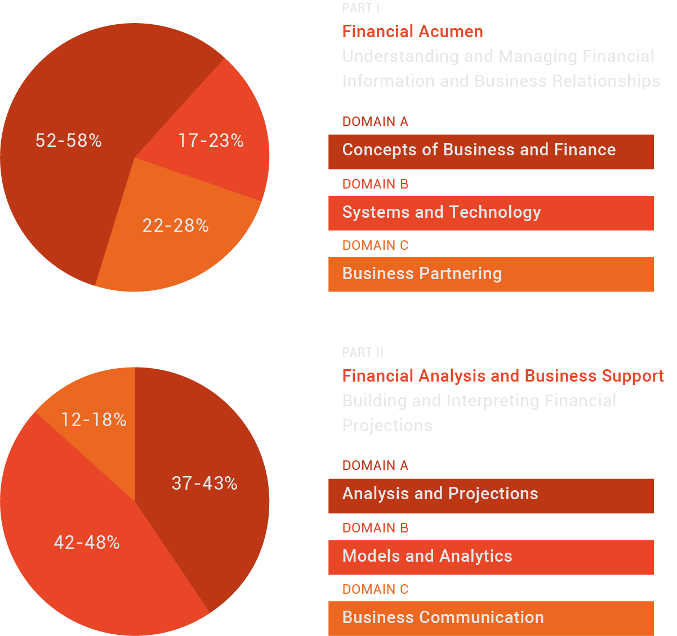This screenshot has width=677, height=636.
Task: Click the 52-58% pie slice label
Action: (x=69, y=141)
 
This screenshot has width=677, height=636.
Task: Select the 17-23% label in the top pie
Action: (x=211, y=141)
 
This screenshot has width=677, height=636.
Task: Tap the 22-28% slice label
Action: (x=176, y=226)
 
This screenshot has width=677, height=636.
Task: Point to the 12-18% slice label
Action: (x=93, y=420)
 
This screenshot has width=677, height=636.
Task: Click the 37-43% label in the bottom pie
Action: (x=204, y=483)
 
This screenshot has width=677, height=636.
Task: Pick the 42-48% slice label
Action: (x=87, y=543)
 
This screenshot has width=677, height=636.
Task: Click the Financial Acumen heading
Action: (x=412, y=32)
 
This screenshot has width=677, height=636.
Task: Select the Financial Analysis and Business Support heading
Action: (x=503, y=376)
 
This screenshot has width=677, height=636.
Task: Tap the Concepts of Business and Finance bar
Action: (x=491, y=151)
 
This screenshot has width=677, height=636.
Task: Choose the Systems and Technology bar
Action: (x=491, y=213)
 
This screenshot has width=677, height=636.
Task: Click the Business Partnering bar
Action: (x=491, y=274)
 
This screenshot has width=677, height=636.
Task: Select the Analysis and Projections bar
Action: (x=491, y=495)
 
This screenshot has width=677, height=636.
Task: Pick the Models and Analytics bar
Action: (x=491, y=557)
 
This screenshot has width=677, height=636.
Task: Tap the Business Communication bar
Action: (x=491, y=618)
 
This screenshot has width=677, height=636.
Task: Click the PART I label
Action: (x=360, y=8)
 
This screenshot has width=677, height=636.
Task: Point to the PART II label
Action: (x=363, y=353)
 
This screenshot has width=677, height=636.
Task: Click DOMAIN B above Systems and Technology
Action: (x=375, y=184)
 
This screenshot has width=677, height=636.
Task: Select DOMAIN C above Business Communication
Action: (x=375, y=589)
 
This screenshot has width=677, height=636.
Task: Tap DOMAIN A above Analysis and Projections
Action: (x=375, y=465)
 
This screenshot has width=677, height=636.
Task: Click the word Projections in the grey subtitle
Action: (x=388, y=426)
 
